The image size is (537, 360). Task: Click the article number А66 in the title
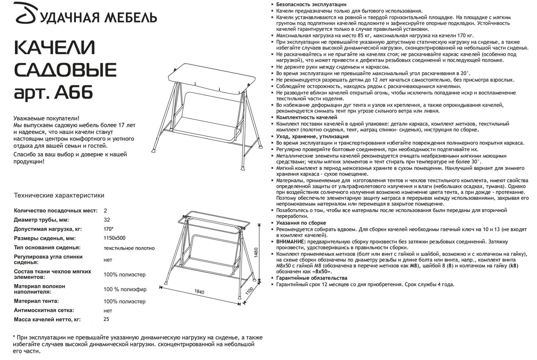click(x=74, y=92)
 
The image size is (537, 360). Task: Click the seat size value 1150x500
click(x=115, y=238)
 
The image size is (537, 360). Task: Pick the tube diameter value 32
click(x=107, y=220)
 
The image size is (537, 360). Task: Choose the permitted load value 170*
click(x=108, y=229)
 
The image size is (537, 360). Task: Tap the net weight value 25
click(x=106, y=320)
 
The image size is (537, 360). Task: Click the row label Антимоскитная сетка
click(x=44, y=310)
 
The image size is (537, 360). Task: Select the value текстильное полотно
click(x=129, y=248)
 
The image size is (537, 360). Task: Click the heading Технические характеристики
click(x=59, y=196)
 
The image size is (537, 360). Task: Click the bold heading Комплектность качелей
click(x=306, y=117)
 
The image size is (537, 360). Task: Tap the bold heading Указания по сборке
click(x=301, y=223)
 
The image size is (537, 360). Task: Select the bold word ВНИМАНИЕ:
click(x=291, y=242)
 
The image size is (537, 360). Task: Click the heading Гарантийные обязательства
click(x=311, y=278)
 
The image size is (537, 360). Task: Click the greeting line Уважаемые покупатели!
click(x=47, y=118)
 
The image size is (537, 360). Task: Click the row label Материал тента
click(x=36, y=301)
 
